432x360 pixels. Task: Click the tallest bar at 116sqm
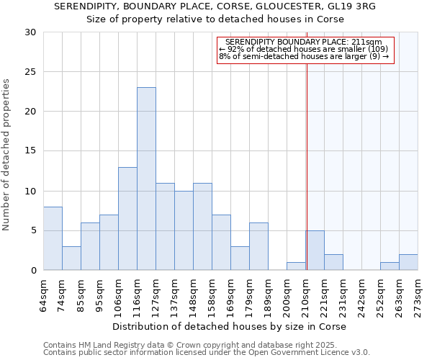point(146,179)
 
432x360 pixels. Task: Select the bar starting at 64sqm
point(53,238)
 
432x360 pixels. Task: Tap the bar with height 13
point(127,218)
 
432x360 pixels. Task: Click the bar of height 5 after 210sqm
point(315,251)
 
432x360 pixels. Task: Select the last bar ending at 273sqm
point(408,262)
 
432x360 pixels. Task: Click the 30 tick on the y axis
point(30,32)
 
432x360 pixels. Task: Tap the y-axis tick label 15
point(30,151)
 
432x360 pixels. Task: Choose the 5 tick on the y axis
point(33,231)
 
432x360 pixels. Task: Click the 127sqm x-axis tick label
point(165,294)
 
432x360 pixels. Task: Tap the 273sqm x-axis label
point(418,294)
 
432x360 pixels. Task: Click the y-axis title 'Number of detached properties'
point(7,155)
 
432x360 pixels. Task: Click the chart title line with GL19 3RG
point(215,6)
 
